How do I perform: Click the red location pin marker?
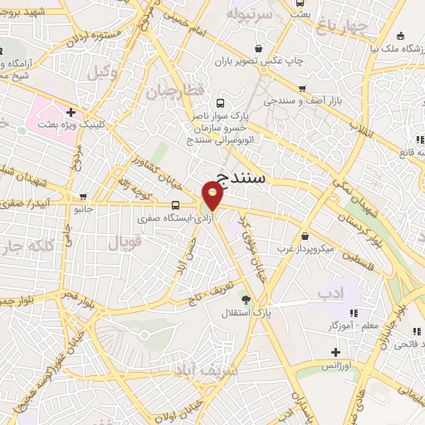point(213,197)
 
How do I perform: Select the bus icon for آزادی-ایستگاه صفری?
point(175,205)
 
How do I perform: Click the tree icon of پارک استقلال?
point(244,299)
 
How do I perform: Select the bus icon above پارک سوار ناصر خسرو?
point(220,104)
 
